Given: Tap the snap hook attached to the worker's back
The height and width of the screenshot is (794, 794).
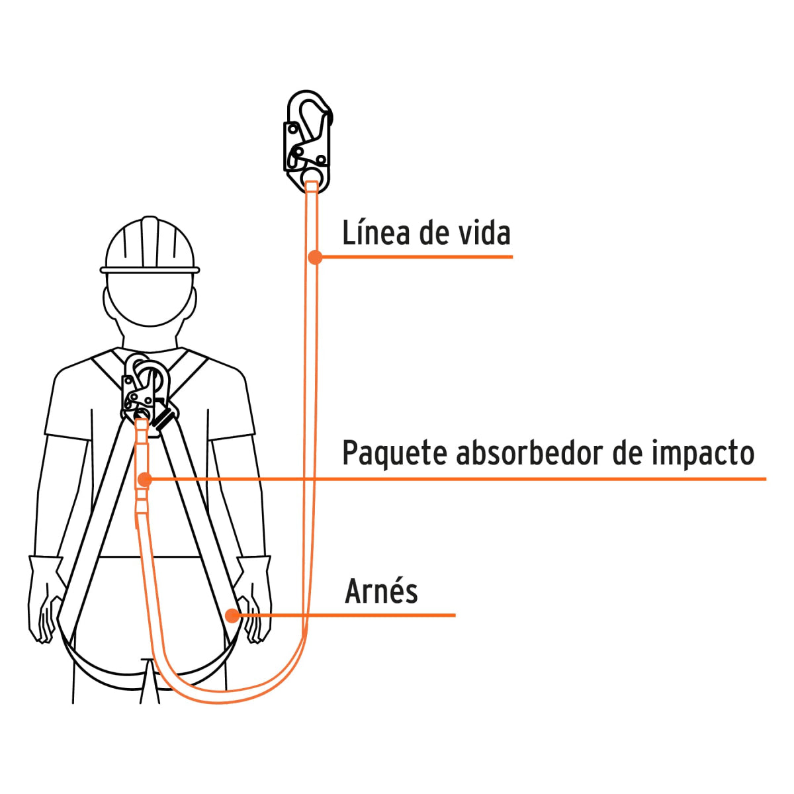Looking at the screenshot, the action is (x=149, y=394).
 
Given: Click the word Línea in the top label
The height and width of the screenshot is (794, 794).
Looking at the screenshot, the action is (x=376, y=233).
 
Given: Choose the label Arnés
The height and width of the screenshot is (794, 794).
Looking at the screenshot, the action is (x=382, y=592).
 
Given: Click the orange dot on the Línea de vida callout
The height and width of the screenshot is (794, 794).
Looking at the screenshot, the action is (x=315, y=257).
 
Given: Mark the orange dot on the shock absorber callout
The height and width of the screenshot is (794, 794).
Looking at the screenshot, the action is (x=145, y=480).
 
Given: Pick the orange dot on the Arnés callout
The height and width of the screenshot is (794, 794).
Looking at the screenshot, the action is (x=233, y=616).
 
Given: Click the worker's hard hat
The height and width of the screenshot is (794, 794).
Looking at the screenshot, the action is (x=150, y=245).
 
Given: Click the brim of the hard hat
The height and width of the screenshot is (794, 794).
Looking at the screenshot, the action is (x=150, y=271).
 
